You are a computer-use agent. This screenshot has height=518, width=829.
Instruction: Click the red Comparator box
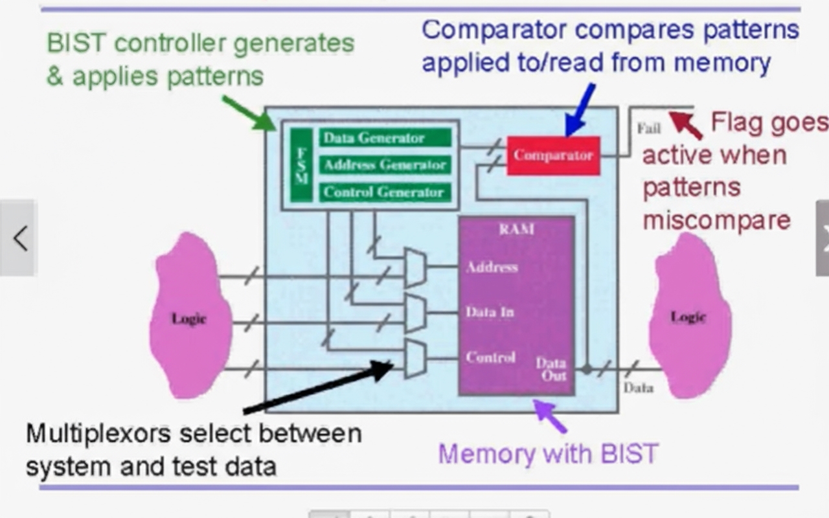coord(553,155)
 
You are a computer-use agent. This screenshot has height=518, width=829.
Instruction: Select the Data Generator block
coord(385,137)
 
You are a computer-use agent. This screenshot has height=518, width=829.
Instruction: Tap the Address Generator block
coord(385,164)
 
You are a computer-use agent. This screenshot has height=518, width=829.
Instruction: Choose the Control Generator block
coord(385,192)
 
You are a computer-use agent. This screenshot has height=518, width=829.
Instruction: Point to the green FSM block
coord(301,164)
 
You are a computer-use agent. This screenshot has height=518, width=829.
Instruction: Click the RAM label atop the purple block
coord(516,229)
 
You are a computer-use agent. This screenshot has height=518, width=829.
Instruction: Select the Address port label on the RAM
coord(492,267)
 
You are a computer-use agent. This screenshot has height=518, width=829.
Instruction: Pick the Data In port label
coord(490,312)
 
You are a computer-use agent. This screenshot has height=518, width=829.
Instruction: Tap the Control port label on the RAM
coord(490,357)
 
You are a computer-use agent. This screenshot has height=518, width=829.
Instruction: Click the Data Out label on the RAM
coord(551,369)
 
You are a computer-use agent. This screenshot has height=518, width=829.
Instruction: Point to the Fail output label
coord(648,128)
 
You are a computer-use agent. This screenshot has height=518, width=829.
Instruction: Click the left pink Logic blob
coord(190,317)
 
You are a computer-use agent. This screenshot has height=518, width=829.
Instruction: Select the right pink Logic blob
coord(688,317)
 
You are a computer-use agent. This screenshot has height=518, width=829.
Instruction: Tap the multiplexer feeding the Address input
coord(415,267)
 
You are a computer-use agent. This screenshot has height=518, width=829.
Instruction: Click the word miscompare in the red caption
coord(716,220)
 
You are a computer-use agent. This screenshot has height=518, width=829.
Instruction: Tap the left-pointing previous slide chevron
coord(19,238)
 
